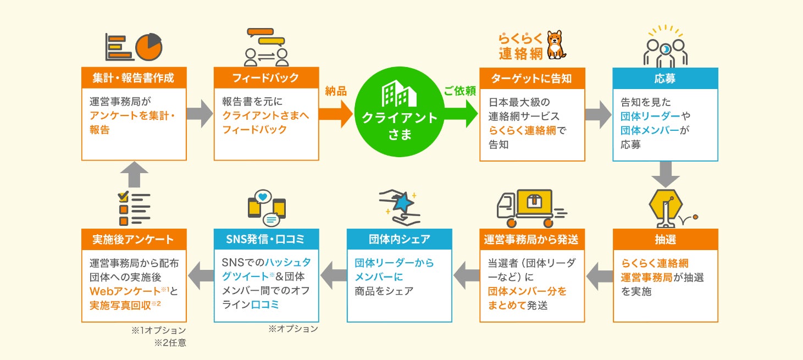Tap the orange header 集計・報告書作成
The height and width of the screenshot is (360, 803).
tap(134, 78)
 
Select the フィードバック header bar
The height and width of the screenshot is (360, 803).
tap(266, 78)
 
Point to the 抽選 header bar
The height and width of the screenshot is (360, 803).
tap(665, 240)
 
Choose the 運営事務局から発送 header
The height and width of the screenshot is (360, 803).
tap(531, 240)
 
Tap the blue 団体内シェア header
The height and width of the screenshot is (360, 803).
tap(399, 240)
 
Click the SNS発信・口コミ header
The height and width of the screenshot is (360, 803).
tap(266, 240)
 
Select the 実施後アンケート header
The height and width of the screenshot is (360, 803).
tap(134, 240)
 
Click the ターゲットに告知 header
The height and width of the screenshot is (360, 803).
tap(531, 78)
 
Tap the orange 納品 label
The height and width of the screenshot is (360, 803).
tap(336, 92)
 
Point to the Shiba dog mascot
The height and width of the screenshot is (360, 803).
tap(556, 45)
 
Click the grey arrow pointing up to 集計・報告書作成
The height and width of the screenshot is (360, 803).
tap(134, 174)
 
